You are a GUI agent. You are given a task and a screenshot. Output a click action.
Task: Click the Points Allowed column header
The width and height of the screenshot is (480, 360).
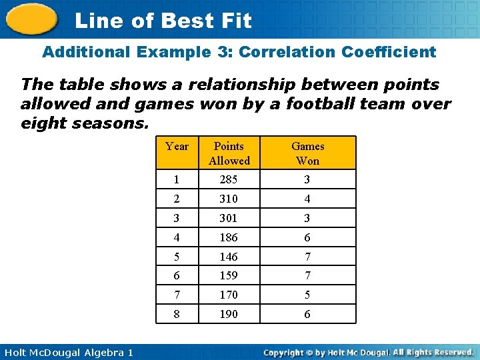[x=229, y=153]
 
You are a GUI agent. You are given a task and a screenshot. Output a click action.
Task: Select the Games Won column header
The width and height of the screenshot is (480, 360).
[x=307, y=153]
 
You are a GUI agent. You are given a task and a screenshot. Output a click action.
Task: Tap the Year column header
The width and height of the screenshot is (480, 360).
[x=177, y=147]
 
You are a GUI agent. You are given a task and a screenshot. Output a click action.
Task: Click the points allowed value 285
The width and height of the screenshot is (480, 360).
[x=229, y=180]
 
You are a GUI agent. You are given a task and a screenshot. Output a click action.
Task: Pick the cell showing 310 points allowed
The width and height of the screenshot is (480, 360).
[x=229, y=199]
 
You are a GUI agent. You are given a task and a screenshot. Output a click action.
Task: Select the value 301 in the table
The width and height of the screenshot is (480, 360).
[x=229, y=219]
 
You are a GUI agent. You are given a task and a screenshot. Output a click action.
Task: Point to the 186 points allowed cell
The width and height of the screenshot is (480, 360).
[x=229, y=238]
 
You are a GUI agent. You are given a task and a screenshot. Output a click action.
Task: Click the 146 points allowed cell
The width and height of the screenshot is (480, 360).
[x=229, y=257]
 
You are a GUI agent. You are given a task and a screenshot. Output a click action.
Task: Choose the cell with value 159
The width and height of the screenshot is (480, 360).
[x=229, y=276]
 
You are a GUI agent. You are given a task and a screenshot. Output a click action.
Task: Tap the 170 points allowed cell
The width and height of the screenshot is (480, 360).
[x=229, y=295]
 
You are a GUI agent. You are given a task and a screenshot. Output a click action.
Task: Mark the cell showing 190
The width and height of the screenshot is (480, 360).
[x=229, y=314]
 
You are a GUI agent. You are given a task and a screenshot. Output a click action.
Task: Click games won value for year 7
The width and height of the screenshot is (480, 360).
[x=307, y=295]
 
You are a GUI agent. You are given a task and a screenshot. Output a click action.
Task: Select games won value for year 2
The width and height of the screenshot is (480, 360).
[x=307, y=199]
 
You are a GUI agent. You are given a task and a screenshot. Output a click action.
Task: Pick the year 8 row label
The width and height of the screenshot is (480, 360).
[x=177, y=314]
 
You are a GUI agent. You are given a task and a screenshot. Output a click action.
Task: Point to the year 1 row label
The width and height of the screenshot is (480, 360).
[x=177, y=180]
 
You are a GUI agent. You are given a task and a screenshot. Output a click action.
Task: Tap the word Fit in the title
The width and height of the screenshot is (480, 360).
[x=233, y=21]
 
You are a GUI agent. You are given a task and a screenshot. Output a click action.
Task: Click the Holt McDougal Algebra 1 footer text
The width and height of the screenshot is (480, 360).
[x=67, y=352]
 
